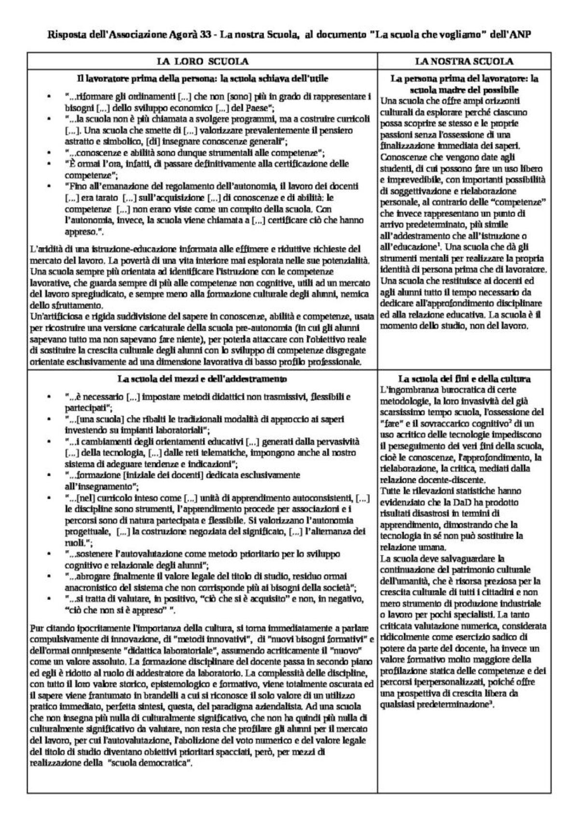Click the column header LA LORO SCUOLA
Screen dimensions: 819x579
click(202, 61)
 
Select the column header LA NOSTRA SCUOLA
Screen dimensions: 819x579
click(464, 61)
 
